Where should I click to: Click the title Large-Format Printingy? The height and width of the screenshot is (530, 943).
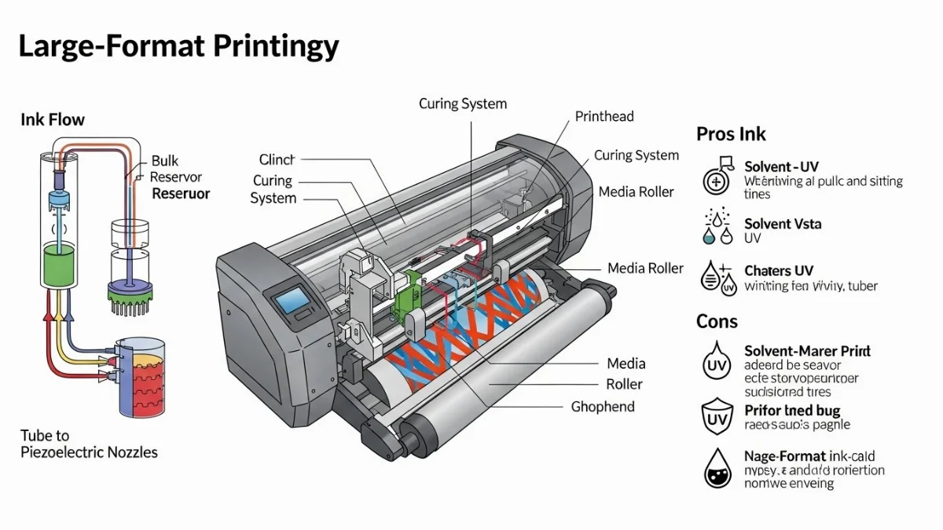(178, 46)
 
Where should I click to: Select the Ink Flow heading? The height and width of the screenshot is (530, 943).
(53, 120)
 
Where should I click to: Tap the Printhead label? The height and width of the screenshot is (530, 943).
(604, 116)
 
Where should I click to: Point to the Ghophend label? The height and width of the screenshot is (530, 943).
(603, 407)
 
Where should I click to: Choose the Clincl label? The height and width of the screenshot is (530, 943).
(277, 159)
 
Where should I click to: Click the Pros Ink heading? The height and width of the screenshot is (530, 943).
(731, 134)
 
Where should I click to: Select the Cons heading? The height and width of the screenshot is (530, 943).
(717, 321)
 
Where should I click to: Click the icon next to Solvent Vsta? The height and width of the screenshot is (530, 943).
(716, 227)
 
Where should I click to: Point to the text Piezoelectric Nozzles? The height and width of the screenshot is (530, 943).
(89, 452)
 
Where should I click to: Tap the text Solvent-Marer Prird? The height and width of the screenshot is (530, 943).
(807, 351)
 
